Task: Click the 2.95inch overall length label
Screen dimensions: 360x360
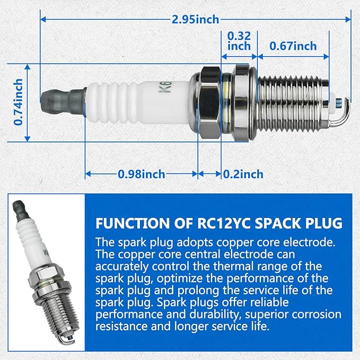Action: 195,20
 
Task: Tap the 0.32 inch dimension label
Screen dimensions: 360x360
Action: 239,41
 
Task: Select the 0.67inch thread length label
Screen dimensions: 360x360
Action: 293,46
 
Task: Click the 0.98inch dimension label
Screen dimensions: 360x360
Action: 142,174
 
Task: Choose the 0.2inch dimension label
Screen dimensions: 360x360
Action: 243,174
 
